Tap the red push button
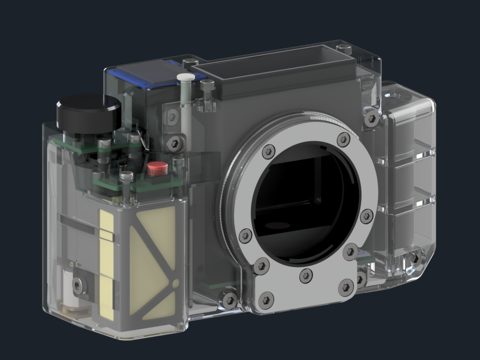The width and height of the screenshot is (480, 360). [157, 168]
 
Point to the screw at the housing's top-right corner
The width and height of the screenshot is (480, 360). [344, 48]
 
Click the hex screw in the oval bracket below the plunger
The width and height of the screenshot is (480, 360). [175, 142]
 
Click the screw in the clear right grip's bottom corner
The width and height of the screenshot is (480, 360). [414, 260]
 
